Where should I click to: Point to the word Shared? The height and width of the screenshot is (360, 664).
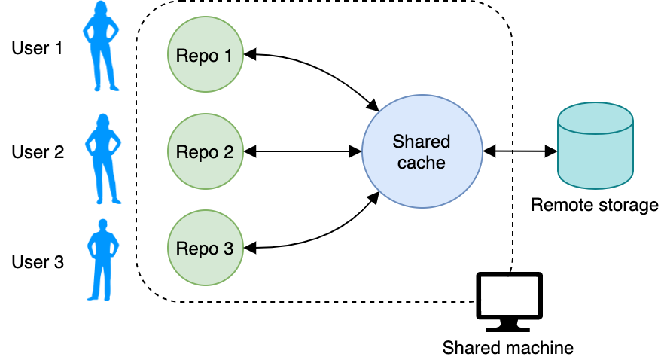click(x=421, y=142)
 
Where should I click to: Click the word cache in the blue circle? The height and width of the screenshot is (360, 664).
click(x=421, y=162)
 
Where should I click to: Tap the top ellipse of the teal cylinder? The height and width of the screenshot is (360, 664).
click(x=595, y=118)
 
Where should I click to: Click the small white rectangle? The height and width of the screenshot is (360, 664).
click(x=509, y=294)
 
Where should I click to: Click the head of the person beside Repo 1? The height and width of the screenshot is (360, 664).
click(x=101, y=8)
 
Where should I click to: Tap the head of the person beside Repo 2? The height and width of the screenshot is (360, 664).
click(x=102, y=121)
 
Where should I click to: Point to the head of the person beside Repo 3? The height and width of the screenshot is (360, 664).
click(x=103, y=224)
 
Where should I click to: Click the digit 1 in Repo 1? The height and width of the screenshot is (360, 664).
click(x=228, y=56)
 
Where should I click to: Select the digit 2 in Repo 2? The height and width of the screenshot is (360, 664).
click(x=228, y=152)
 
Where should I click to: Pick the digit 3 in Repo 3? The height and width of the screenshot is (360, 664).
click(x=228, y=249)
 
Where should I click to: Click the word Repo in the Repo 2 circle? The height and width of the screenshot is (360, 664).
click(x=196, y=152)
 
